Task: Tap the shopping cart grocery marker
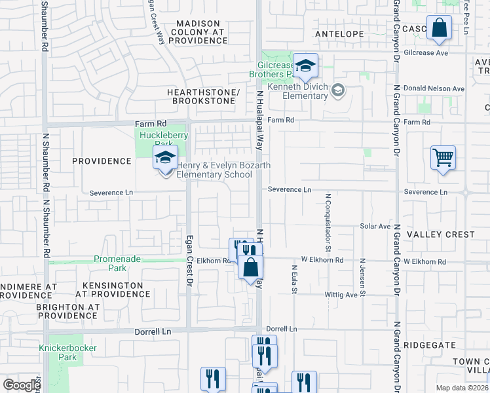tap(443, 157)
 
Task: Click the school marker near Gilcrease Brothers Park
tap(305, 66)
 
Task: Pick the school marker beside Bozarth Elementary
tap(166, 158)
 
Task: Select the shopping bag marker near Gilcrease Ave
tap(439, 28)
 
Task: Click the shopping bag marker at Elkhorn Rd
tap(250, 267)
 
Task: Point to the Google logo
tap(22, 385)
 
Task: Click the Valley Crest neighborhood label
tap(440, 234)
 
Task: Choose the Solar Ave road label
tap(375, 226)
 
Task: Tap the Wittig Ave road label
tap(342, 295)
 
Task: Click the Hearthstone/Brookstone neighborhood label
tap(204, 96)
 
